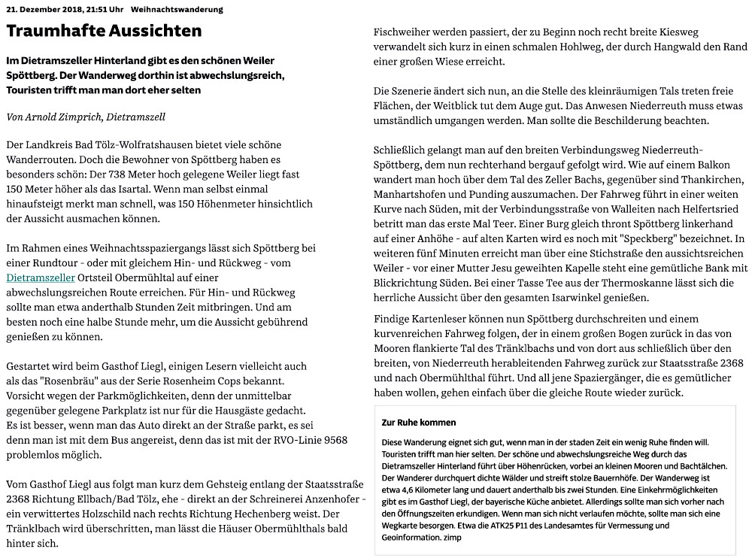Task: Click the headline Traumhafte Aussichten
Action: pyautogui.click(x=104, y=31)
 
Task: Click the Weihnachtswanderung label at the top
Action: pyautogui.click(x=177, y=10)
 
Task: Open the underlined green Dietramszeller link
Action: pyautogui.click(x=40, y=277)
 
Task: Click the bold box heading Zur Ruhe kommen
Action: pyautogui.click(x=419, y=423)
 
